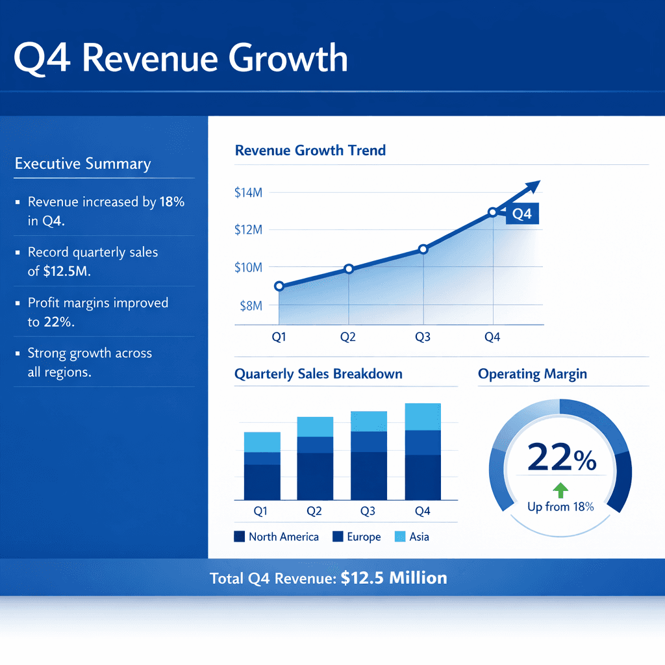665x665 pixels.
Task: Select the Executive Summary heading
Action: [x=82, y=164]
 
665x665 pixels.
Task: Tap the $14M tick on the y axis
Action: [x=247, y=192]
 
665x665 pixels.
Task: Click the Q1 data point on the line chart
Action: [x=279, y=286]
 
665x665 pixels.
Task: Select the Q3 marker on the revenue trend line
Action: [x=423, y=249]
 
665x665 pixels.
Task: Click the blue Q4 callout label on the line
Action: [x=521, y=214]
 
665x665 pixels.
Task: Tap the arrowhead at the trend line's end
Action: [x=534, y=186]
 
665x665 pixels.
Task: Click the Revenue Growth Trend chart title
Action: [x=310, y=151]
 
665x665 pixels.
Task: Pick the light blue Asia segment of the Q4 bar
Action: [x=422, y=417]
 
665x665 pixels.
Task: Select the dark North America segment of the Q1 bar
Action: [x=262, y=481]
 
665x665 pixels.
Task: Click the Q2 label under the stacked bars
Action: [x=314, y=511]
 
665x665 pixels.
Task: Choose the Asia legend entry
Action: [x=411, y=537]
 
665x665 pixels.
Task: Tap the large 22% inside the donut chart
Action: [x=562, y=458]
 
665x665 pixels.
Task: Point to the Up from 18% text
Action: [x=560, y=507]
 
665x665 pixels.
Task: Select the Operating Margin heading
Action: [x=533, y=374]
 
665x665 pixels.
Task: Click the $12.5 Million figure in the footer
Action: [x=394, y=578]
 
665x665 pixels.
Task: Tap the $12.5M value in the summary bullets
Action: [x=67, y=271]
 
